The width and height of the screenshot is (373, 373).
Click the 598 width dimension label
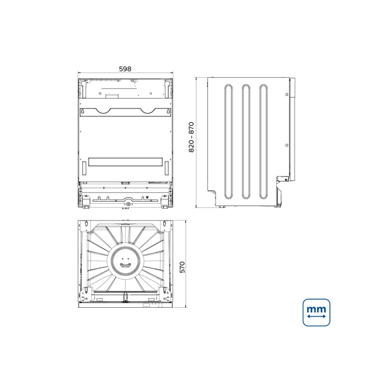(125, 69)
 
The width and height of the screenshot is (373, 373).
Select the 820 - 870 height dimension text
(191, 137)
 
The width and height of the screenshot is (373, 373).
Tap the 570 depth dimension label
(182, 267)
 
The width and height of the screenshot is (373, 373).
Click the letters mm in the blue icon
(316, 309)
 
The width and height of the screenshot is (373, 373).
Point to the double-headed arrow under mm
(316, 316)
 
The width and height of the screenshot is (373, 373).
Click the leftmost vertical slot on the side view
(228, 141)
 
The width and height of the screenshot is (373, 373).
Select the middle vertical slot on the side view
(246, 141)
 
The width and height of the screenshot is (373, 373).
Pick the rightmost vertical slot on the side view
(263, 141)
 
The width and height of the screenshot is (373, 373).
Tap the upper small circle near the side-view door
(287, 95)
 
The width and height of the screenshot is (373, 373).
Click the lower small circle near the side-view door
(287, 145)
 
